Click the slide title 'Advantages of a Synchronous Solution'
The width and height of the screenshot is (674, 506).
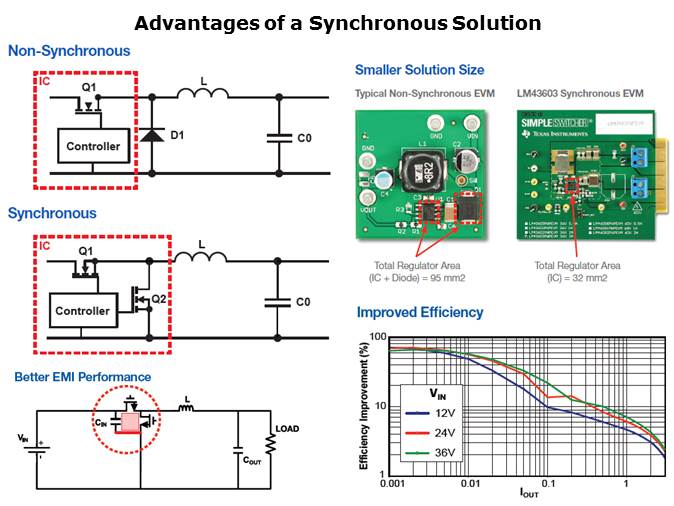(337, 22)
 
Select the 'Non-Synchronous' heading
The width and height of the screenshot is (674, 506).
(68, 51)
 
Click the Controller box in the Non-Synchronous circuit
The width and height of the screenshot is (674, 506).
(93, 146)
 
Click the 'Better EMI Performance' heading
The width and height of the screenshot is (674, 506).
(82, 377)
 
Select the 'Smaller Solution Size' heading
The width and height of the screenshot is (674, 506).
(419, 70)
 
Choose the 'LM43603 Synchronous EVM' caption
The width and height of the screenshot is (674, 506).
(581, 93)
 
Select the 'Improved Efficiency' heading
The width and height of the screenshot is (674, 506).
(419, 312)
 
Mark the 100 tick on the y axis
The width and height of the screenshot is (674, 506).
(376, 337)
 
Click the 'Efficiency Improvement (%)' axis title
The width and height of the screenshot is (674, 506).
(366, 405)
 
